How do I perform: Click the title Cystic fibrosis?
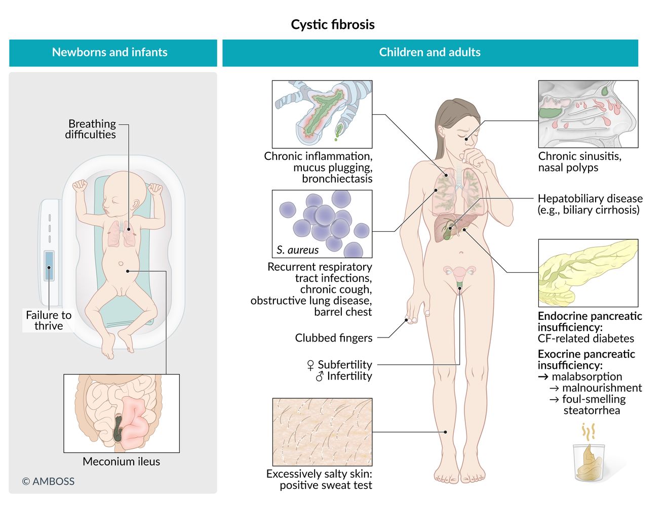(333, 25)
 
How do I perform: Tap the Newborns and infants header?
(109, 52)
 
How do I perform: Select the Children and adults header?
(429, 52)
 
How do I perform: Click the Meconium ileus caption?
(121, 461)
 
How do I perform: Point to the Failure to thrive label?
(49, 320)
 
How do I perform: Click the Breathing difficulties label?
(91, 129)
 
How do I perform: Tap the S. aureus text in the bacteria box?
(297, 250)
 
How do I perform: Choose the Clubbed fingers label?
(333, 338)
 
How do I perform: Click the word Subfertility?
(345, 364)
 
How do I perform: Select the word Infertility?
(349, 376)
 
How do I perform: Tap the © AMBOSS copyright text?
(48, 481)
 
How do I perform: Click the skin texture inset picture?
(322, 432)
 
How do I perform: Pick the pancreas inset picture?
(588, 273)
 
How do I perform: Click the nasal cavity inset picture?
(588, 114)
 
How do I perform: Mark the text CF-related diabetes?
(585, 339)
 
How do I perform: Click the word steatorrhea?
(592, 410)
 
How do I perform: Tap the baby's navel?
(121, 264)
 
